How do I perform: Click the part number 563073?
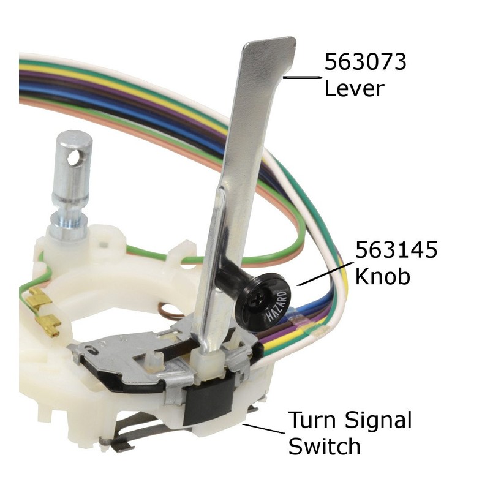(x=364, y=62)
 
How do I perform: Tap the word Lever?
(x=353, y=88)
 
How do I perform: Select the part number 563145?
(x=396, y=251)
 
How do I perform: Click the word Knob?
(x=383, y=276)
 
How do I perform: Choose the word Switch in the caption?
(x=324, y=447)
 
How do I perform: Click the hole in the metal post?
(x=74, y=159)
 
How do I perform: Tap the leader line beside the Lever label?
(x=303, y=78)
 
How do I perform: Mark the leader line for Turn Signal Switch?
(x=264, y=428)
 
